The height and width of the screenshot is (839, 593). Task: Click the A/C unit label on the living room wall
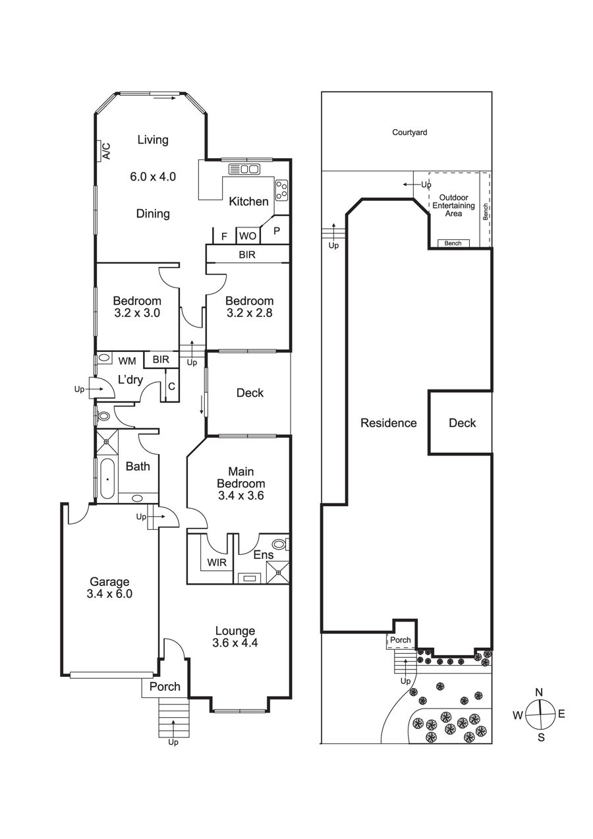coord(107,151)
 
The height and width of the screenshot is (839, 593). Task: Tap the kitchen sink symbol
coord(244,169)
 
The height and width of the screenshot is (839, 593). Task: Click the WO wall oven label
coord(248,236)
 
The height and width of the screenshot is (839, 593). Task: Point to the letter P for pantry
coord(277,231)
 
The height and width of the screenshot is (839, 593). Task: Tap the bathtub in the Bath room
coord(107,478)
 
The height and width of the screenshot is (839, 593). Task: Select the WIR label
coord(217,562)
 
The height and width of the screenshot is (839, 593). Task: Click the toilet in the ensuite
coord(281,544)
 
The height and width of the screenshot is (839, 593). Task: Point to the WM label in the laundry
coord(127,361)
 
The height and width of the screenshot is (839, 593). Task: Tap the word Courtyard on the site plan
coord(410,132)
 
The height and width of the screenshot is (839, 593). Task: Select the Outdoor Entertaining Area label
coord(453,206)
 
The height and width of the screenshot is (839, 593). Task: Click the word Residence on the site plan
coord(389,423)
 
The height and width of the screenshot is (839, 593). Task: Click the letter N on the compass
coord(539,692)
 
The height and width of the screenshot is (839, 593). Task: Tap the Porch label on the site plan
coord(400,640)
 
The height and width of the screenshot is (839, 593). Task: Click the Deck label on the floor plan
coord(250,393)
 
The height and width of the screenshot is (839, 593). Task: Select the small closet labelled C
coord(172,386)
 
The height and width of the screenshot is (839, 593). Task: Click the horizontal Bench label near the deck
coord(453,243)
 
